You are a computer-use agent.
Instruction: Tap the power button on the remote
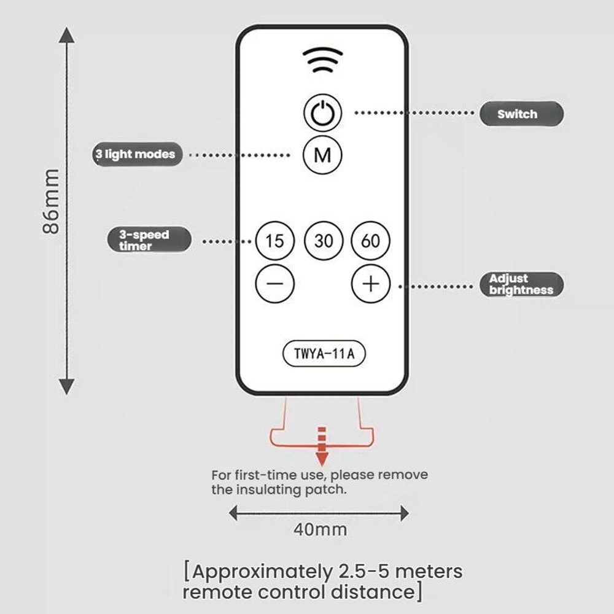(323, 113)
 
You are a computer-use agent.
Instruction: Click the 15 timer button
(274, 241)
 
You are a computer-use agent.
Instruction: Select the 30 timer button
(324, 241)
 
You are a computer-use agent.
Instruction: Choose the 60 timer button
(370, 241)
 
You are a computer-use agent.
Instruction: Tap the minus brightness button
(274, 284)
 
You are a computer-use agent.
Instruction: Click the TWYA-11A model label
(324, 354)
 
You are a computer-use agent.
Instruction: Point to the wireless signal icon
(323, 60)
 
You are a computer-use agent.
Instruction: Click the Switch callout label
(521, 114)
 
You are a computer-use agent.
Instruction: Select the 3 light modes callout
(138, 154)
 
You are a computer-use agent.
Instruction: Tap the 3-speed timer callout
(150, 239)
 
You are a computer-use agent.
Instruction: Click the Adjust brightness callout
(521, 284)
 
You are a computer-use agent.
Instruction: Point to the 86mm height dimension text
(51, 201)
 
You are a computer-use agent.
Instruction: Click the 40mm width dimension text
(321, 529)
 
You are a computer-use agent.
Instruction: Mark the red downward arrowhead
(322, 459)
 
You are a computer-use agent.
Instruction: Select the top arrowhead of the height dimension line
(67, 34)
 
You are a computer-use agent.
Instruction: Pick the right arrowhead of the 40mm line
(405, 513)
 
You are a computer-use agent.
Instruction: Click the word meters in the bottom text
(429, 571)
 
